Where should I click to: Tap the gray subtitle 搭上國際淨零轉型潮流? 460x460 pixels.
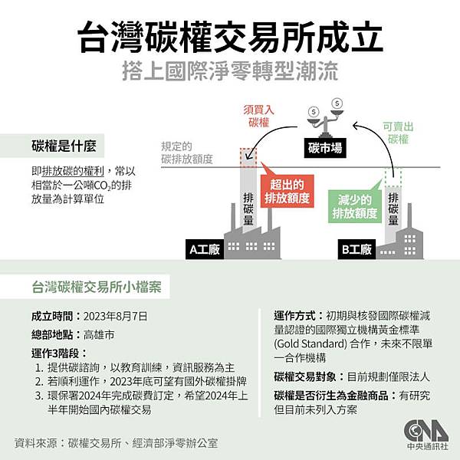[x=230, y=74]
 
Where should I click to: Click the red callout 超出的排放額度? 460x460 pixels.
[x=287, y=191]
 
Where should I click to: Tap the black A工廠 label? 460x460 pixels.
[x=205, y=249]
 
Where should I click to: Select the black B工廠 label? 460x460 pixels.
[x=356, y=249]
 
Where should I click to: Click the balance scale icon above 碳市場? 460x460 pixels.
[x=325, y=116]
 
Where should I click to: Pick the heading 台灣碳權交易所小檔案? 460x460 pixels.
[x=96, y=287]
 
